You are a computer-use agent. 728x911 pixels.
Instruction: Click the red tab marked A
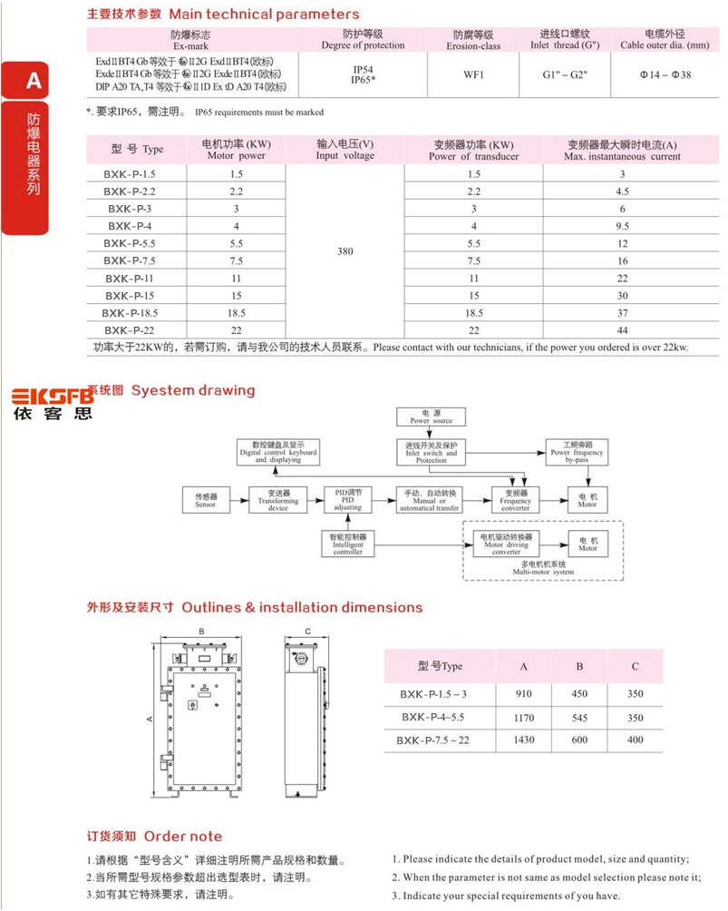pyautogui.click(x=34, y=81)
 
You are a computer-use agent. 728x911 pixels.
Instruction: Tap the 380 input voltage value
pyautogui.click(x=345, y=251)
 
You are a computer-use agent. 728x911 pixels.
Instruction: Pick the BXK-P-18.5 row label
pyautogui.click(x=131, y=312)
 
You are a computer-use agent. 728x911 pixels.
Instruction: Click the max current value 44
pyautogui.click(x=622, y=329)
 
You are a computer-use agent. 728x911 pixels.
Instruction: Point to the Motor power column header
pyautogui.click(x=236, y=150)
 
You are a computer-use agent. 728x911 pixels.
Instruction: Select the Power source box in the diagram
pyautogui.click(x=431, y=416)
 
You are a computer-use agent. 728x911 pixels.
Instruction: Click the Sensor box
pyautogui.click(x=206, y=500)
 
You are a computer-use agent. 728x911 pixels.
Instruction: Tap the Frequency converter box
pyautogui.click(x=515, y=500)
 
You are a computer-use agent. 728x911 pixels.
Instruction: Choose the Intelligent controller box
pyautogui.click(x=347, y=544)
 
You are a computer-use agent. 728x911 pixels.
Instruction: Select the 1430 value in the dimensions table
pyautogui.click(x=523, y=740)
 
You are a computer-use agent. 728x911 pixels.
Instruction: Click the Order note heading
pyautogui.click(x=154, y=836)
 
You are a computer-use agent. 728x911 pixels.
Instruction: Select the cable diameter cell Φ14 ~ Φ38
pyautogui.click(x=665, y=74)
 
